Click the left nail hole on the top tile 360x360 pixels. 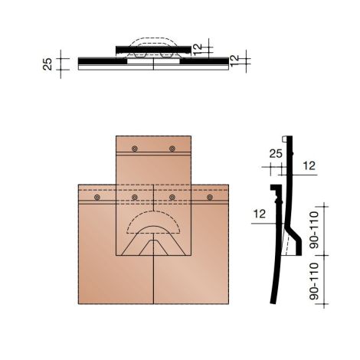click(135, 149)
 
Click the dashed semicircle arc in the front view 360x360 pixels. click(154, 216)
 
